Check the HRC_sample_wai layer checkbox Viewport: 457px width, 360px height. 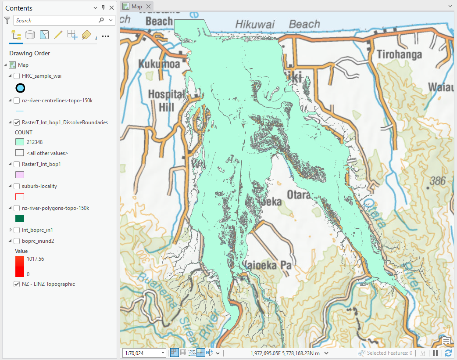17,76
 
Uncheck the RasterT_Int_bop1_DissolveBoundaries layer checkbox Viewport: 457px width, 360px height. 17,122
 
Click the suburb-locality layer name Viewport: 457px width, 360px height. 39,186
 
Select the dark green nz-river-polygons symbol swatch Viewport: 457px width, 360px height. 20,218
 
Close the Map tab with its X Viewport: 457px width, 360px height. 148,6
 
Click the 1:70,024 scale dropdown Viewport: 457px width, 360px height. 145,353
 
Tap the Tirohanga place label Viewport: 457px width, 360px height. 399,54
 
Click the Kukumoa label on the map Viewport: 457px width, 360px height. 159,64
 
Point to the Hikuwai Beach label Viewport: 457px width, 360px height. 277,25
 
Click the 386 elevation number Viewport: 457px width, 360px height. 437,180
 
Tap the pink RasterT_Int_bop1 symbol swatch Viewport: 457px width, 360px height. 20,175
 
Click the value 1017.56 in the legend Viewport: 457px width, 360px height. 35,259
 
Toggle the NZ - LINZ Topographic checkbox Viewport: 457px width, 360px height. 17,284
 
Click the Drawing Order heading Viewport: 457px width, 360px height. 29,53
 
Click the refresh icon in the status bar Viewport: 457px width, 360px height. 448,353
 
